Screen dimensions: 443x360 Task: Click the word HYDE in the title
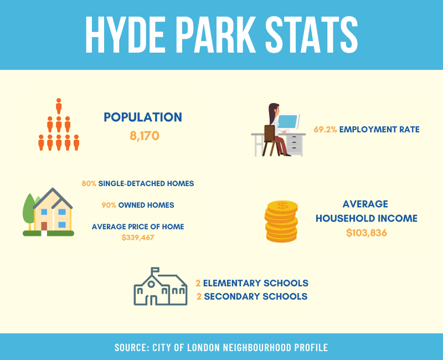point(125,35)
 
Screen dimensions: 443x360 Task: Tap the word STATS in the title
point(311,35)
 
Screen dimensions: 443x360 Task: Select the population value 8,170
point(145,136)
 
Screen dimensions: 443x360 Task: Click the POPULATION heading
point(143,117)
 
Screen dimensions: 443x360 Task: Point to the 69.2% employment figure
point(325,130)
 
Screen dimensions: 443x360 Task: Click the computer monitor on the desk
point(288,122)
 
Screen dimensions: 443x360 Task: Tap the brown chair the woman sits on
point(270,141)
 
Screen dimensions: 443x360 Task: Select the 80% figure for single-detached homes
point(89,184)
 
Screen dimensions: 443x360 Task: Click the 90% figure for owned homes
point(109,205)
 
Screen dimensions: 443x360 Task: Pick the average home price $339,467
point(138,238)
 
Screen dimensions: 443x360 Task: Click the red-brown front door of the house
point(44,227)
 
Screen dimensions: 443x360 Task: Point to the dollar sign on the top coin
point(282,205)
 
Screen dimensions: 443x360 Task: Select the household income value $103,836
point(367,233)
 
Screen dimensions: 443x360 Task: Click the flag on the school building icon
point(156,270)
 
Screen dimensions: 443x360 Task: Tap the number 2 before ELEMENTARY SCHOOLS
point(198,283)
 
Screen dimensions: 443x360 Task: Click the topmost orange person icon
point(59,106)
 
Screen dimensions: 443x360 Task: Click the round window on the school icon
point(151,284)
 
